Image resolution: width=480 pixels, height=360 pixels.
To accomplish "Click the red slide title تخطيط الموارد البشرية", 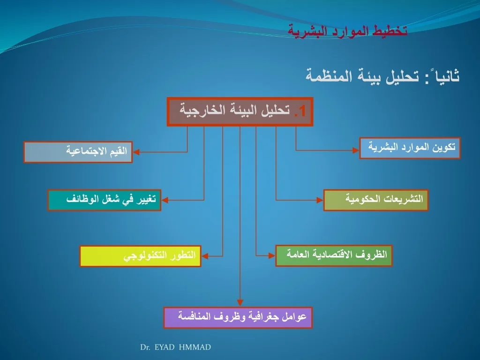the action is (x=347, y=31).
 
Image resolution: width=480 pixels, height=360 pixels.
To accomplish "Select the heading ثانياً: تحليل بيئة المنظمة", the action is (x=382, y=75).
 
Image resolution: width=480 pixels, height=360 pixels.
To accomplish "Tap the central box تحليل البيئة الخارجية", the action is (x=240, y=112).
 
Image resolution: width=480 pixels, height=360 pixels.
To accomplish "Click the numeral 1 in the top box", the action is (x=302, y=111).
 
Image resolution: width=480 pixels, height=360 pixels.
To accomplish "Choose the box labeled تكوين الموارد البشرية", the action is (x=410, y=148).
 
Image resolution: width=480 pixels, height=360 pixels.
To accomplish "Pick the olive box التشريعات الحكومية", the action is (x=376, y=200).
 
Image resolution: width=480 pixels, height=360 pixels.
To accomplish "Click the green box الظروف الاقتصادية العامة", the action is (x=334, y=255).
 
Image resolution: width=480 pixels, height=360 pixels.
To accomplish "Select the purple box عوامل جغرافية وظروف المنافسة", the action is (x=238, y=317).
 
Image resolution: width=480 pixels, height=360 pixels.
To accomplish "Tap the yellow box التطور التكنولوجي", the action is (x=141, y=256).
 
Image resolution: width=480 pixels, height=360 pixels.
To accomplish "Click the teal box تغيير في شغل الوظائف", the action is (x=105, y=200).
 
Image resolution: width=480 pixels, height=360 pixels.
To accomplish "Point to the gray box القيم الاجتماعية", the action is (x=78, y=152).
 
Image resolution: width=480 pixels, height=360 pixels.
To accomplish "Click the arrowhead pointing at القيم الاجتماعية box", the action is (x=136, y=152).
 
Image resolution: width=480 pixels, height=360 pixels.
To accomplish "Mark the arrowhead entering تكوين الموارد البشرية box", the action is (x=356, y=150).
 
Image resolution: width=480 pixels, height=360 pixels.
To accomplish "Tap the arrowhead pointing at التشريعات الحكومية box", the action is (x=320, y=200).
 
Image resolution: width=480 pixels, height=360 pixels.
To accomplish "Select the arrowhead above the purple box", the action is (x=240, y=303).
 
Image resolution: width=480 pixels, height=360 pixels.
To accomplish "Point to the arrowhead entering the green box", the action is (x=272, y=255).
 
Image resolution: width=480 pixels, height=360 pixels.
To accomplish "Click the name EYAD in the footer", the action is (x=165, y=347).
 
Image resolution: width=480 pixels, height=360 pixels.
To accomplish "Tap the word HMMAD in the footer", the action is (x=195, y=347).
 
